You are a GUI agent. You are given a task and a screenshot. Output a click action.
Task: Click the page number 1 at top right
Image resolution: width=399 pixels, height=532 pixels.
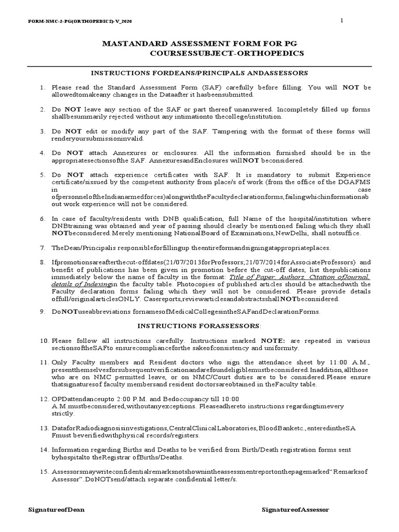click(x=341, y=20)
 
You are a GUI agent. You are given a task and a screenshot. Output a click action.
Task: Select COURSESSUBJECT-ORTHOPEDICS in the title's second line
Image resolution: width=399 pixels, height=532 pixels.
click(x=227, y=54)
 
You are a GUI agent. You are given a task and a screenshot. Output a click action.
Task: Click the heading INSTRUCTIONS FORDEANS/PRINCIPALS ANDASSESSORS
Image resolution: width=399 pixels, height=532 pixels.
click(x=199, y=73)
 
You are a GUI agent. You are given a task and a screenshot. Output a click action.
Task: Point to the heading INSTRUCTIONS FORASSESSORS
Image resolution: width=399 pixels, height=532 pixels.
click(x=199, y=326)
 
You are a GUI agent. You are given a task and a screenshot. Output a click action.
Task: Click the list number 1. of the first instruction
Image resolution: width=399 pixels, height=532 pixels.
click(x=43, y=88)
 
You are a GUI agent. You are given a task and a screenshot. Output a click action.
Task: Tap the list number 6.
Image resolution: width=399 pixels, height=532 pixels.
click(x=43, y=219)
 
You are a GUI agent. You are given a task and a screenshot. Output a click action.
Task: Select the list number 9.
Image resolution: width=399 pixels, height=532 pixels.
click(x=43, y=312)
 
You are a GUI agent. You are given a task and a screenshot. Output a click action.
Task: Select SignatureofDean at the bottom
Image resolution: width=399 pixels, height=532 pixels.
click(x=57, y=510)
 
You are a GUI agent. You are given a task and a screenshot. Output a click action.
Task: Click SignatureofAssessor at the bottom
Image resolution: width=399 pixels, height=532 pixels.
click(x=295, y=510)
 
